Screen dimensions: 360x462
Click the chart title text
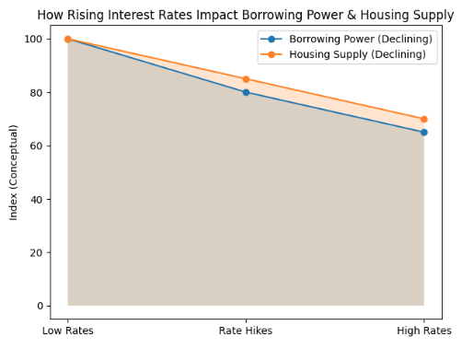(245, 15)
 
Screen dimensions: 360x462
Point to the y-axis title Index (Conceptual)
(14, 172)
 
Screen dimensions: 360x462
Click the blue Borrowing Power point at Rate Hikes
(246, 92)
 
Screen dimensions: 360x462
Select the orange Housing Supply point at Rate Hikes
(246, 79)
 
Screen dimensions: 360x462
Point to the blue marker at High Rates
(423, 132)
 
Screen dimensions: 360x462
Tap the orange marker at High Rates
(423, 119)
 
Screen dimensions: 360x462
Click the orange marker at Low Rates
(68, 40)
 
